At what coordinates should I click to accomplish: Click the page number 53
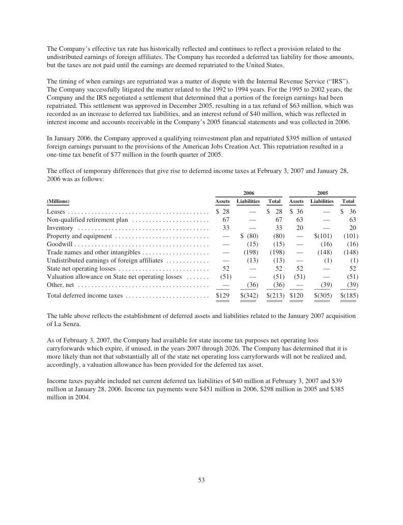(x=201, y=480)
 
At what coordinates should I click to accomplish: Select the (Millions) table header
(x=58, y=201)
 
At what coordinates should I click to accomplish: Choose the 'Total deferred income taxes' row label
(x=84, y=296)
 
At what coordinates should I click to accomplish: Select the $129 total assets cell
(x=222, y=296)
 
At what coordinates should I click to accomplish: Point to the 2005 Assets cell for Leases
(x=296, y=212)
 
